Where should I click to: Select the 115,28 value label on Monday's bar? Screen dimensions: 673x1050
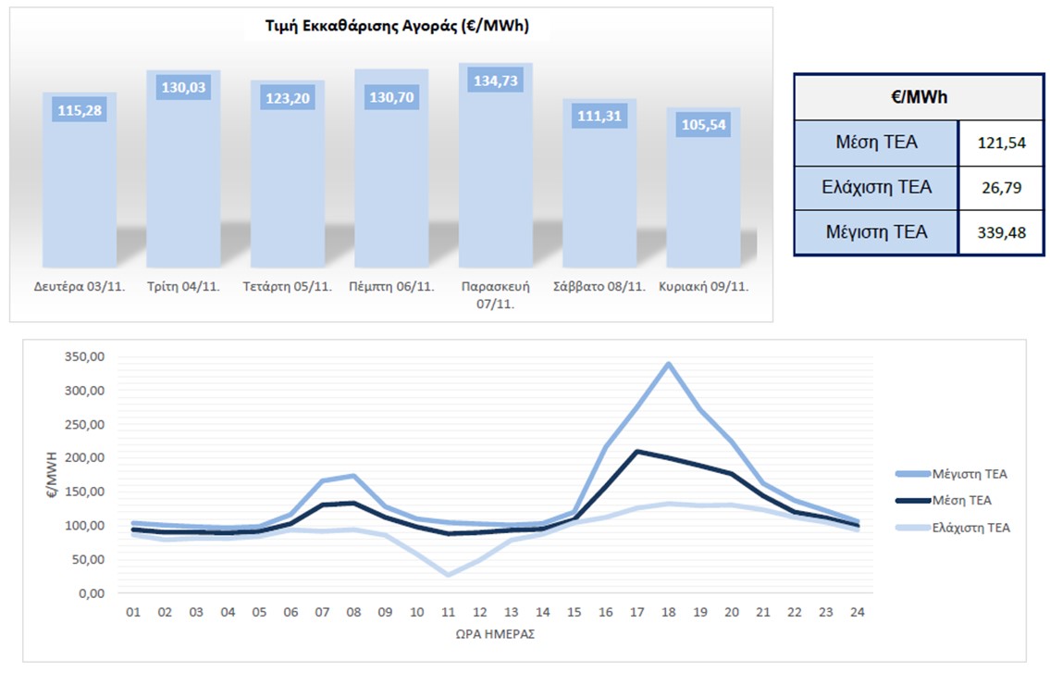tap(80, 110)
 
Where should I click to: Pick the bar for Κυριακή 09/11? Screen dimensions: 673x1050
tap(703, 194)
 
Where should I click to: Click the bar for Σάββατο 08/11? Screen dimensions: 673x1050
tap(599, 190)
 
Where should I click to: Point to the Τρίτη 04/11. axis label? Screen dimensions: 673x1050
tap(183, 287)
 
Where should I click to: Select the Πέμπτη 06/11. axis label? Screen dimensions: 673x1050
tap(391, 287)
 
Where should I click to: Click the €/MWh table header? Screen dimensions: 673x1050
tap(922, 97)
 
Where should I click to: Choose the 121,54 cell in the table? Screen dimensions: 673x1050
tap(1003, 143)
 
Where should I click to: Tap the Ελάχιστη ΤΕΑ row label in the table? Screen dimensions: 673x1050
tap(877, 188)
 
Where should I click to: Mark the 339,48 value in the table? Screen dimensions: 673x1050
tap(1003, 232)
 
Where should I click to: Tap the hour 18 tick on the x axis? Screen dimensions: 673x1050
tap(667, 613)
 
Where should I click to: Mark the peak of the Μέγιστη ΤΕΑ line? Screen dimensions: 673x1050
tap(667, 364)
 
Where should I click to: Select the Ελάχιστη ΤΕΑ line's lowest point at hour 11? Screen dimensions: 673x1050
tap(449, 575)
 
